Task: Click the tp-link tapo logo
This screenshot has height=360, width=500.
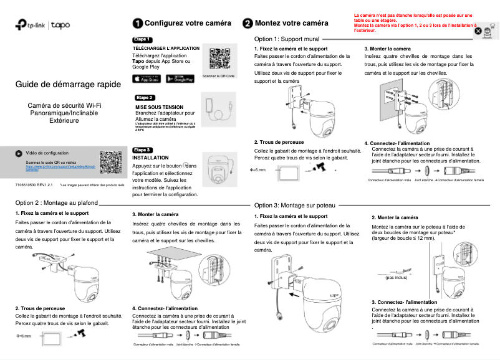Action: point(43,26)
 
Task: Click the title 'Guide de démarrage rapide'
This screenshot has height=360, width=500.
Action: point(59,85)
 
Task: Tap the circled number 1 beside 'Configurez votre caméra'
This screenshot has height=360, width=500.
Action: point(137,23)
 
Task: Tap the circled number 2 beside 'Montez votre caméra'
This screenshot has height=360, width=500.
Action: point(248,23)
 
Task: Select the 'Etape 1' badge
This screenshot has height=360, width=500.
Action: point(143,39)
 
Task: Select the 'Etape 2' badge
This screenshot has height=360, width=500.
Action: point(145,98)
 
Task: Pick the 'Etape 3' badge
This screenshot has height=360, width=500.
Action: point(143,150)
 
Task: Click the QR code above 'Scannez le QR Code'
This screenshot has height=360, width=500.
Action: point(219,59)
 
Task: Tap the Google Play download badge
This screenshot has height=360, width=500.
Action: point(181,78)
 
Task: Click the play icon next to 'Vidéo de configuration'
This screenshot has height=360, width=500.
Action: point(19,153)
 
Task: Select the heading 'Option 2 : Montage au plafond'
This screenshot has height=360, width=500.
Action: point(56,203)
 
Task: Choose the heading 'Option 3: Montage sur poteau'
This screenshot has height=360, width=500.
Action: point(295,205)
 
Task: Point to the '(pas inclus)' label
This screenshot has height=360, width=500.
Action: point(397,278)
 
